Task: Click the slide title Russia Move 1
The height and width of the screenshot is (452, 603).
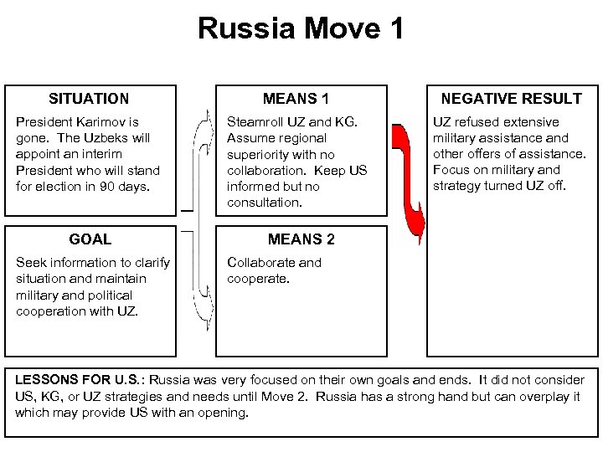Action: click(x=301, y=28)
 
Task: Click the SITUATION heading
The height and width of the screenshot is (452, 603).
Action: click(x=89, y=99)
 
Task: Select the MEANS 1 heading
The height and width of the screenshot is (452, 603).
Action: click(x=301, y=99)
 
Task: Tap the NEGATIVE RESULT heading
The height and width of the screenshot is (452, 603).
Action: click(x=511, y=99)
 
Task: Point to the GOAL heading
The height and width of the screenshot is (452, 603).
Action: click(x=90, y=239)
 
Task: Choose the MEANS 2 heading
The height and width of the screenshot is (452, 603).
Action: click(x=301, y=239)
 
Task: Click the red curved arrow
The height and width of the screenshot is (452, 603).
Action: click(x=413, y=180)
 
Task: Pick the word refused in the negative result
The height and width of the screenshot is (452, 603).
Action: click(x=477, y=122)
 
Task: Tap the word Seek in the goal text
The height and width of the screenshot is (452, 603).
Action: click(x=29, y=263)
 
